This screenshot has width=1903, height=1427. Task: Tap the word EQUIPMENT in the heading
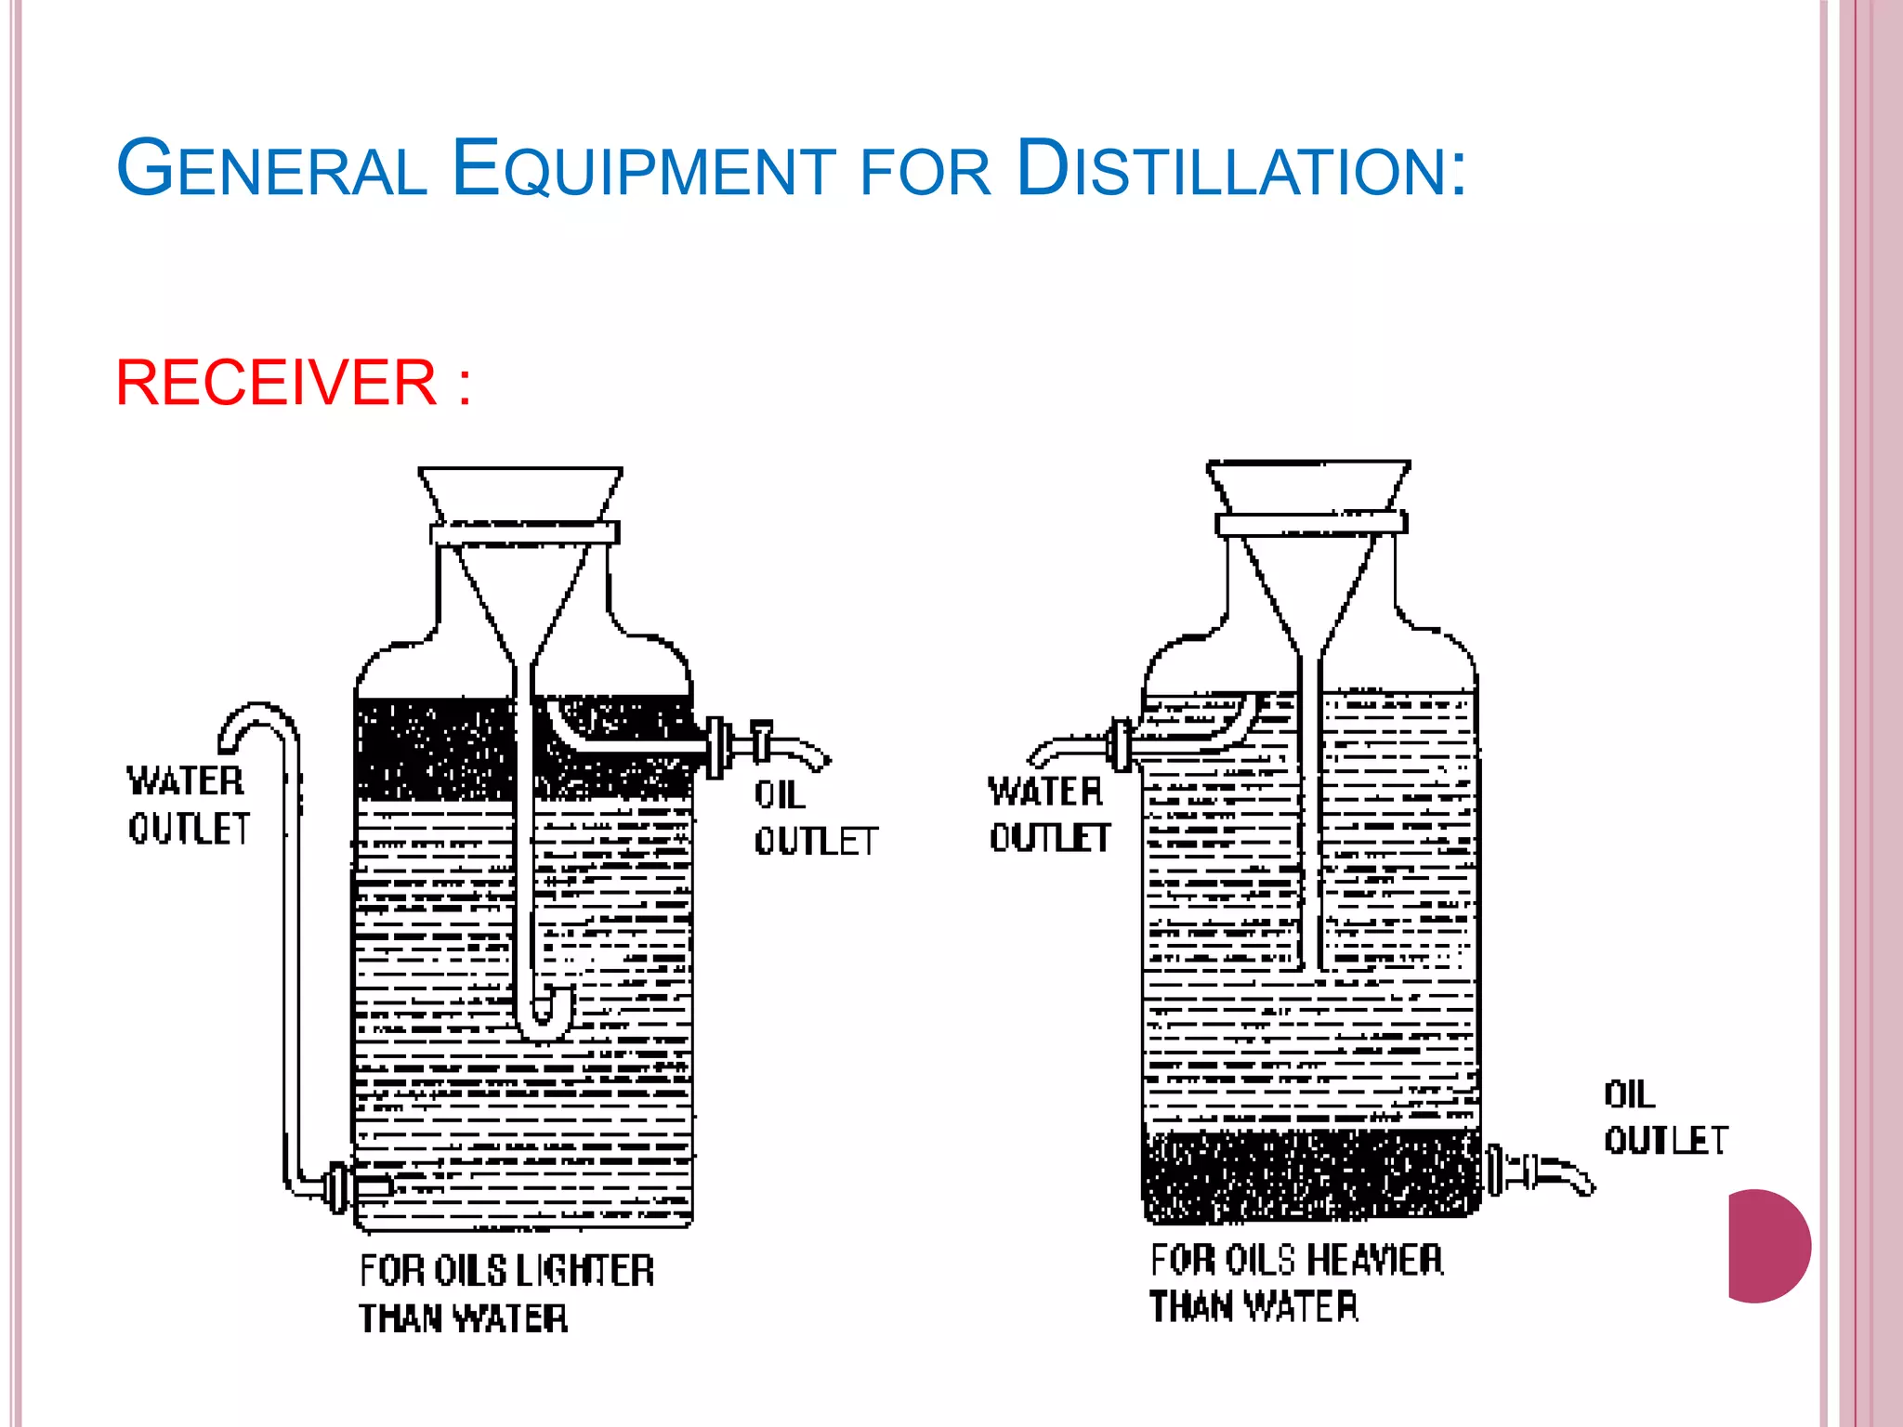coord(644,169)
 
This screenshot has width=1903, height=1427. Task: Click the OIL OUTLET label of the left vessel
coord(814,818)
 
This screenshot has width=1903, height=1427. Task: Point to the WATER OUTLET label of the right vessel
coord(1048,815)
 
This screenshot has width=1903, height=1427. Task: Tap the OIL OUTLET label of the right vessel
coord(1664,1118)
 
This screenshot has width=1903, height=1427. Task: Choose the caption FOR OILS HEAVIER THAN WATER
coord(1296,1283)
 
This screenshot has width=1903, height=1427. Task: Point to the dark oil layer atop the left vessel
coord(432,749)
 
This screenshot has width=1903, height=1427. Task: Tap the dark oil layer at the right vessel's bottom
coord(1310,1175)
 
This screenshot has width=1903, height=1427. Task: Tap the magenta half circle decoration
coord(1765,1246)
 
